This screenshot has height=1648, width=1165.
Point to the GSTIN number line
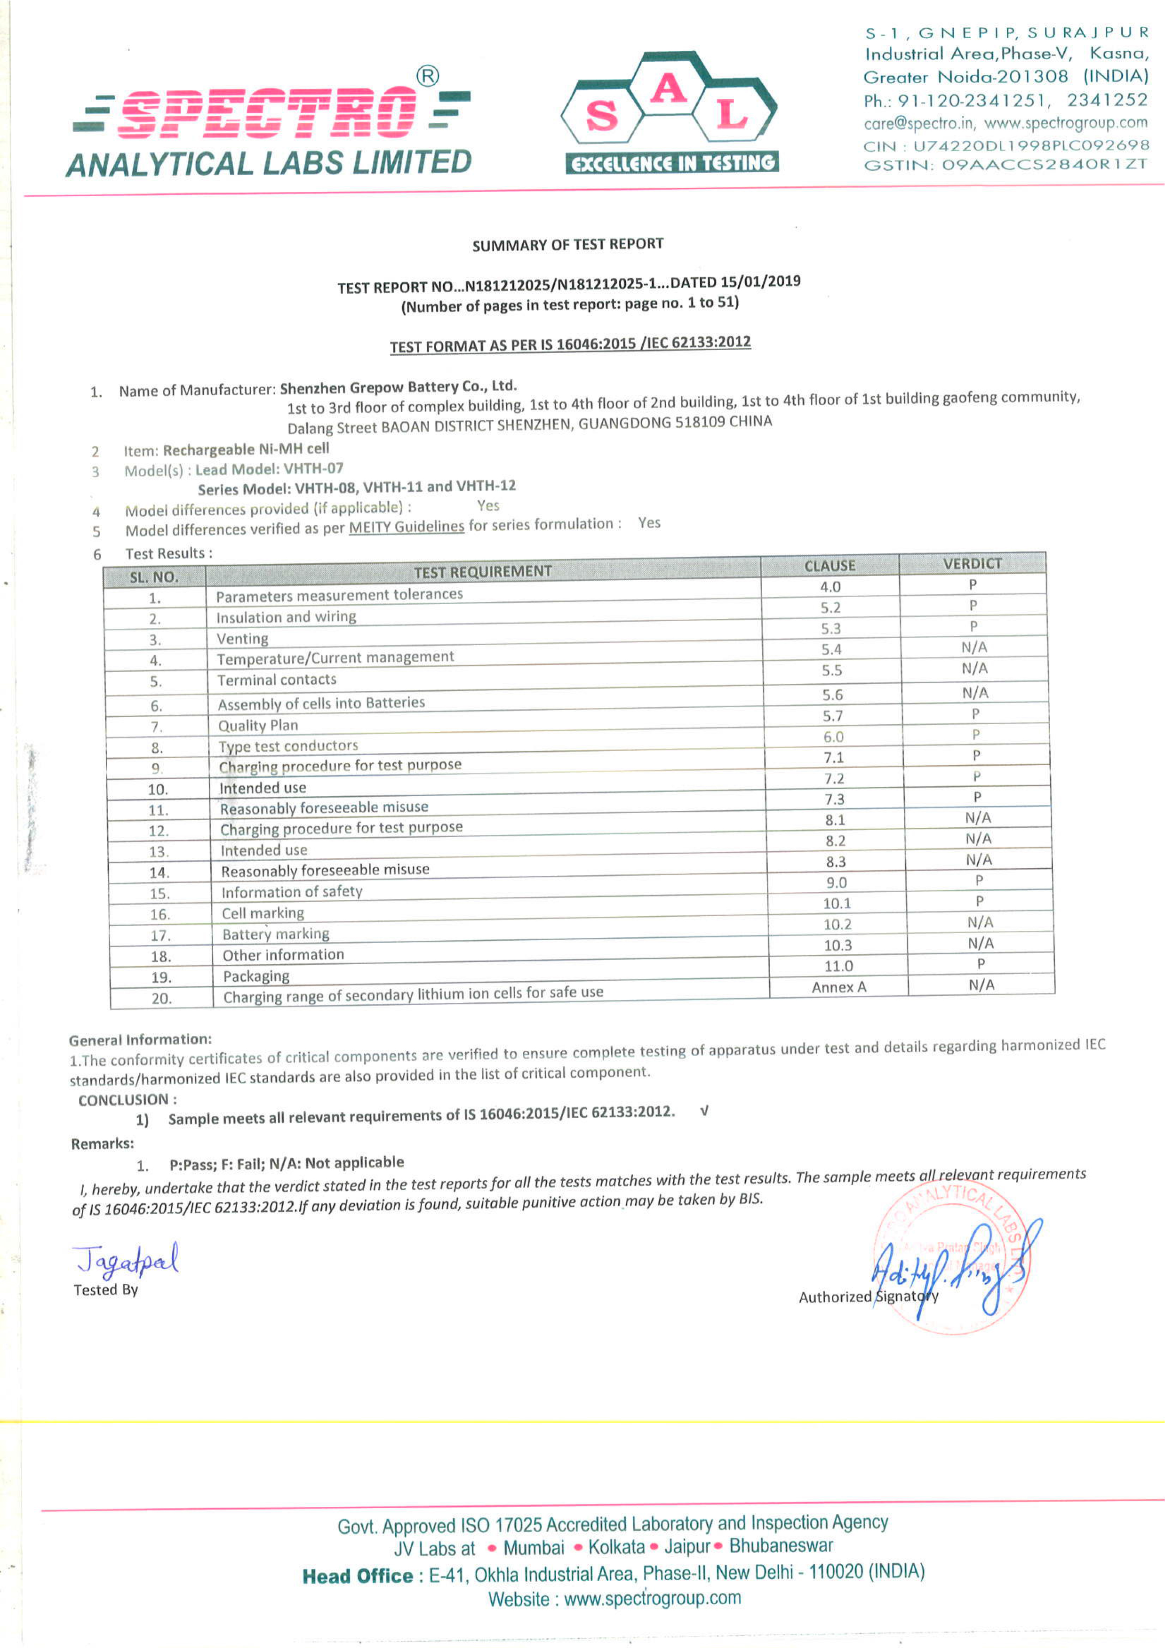(x=1005, y=164)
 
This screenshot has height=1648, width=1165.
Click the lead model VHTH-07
(x=314, y=469)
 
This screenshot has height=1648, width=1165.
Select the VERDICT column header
(x=972, y=563)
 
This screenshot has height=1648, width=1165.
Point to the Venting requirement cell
(x=243, y=638)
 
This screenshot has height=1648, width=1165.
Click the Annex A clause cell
(x=838, y=987)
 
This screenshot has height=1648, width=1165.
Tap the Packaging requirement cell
(x=256, y=976)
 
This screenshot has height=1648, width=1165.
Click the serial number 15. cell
(x=160, y=894)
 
